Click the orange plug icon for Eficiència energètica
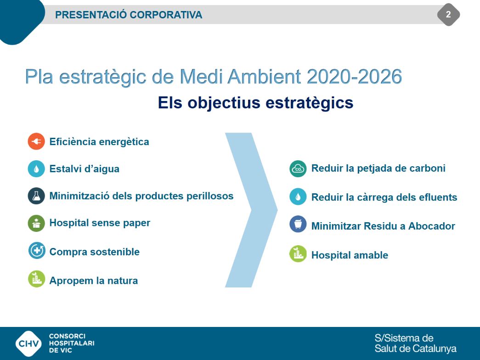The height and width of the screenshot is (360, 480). pos(36,141)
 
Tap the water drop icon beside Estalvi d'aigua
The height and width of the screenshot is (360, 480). pos(36,169)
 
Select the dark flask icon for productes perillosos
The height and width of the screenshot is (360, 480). pos(36,196)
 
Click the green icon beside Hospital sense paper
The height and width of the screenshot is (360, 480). pos(36,223)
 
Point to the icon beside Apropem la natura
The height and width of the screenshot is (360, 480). pos(36,279)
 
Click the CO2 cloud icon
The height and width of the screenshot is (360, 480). pos(298,169)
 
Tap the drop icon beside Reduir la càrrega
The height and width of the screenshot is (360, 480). pos(298,197)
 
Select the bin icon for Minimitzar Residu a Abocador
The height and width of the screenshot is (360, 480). pos(298,224)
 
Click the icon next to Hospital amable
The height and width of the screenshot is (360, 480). pos(298,254)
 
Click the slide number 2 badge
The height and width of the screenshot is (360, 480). pos(448,14)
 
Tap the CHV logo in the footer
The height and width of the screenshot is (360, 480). pos(29,343)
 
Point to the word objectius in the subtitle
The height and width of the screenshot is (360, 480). pos(224,103)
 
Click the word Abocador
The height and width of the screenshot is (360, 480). pos(432,226)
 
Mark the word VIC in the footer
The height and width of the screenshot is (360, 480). pos(66,350)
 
